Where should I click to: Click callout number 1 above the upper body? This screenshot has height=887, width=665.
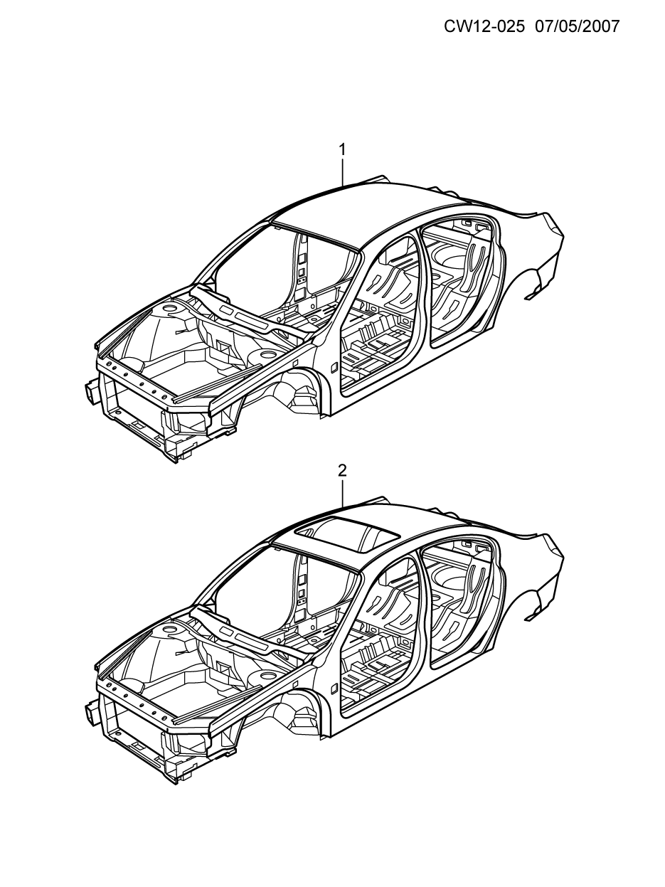click(342, 149)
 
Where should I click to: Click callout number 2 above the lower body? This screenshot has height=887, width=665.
click(342, 470)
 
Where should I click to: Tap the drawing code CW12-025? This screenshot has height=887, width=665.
click(484, 26)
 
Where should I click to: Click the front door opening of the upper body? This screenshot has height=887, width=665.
click(381, 313)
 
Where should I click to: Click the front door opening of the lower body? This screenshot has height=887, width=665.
click(381, 634)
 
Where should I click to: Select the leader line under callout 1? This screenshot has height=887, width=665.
click(343, 171)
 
